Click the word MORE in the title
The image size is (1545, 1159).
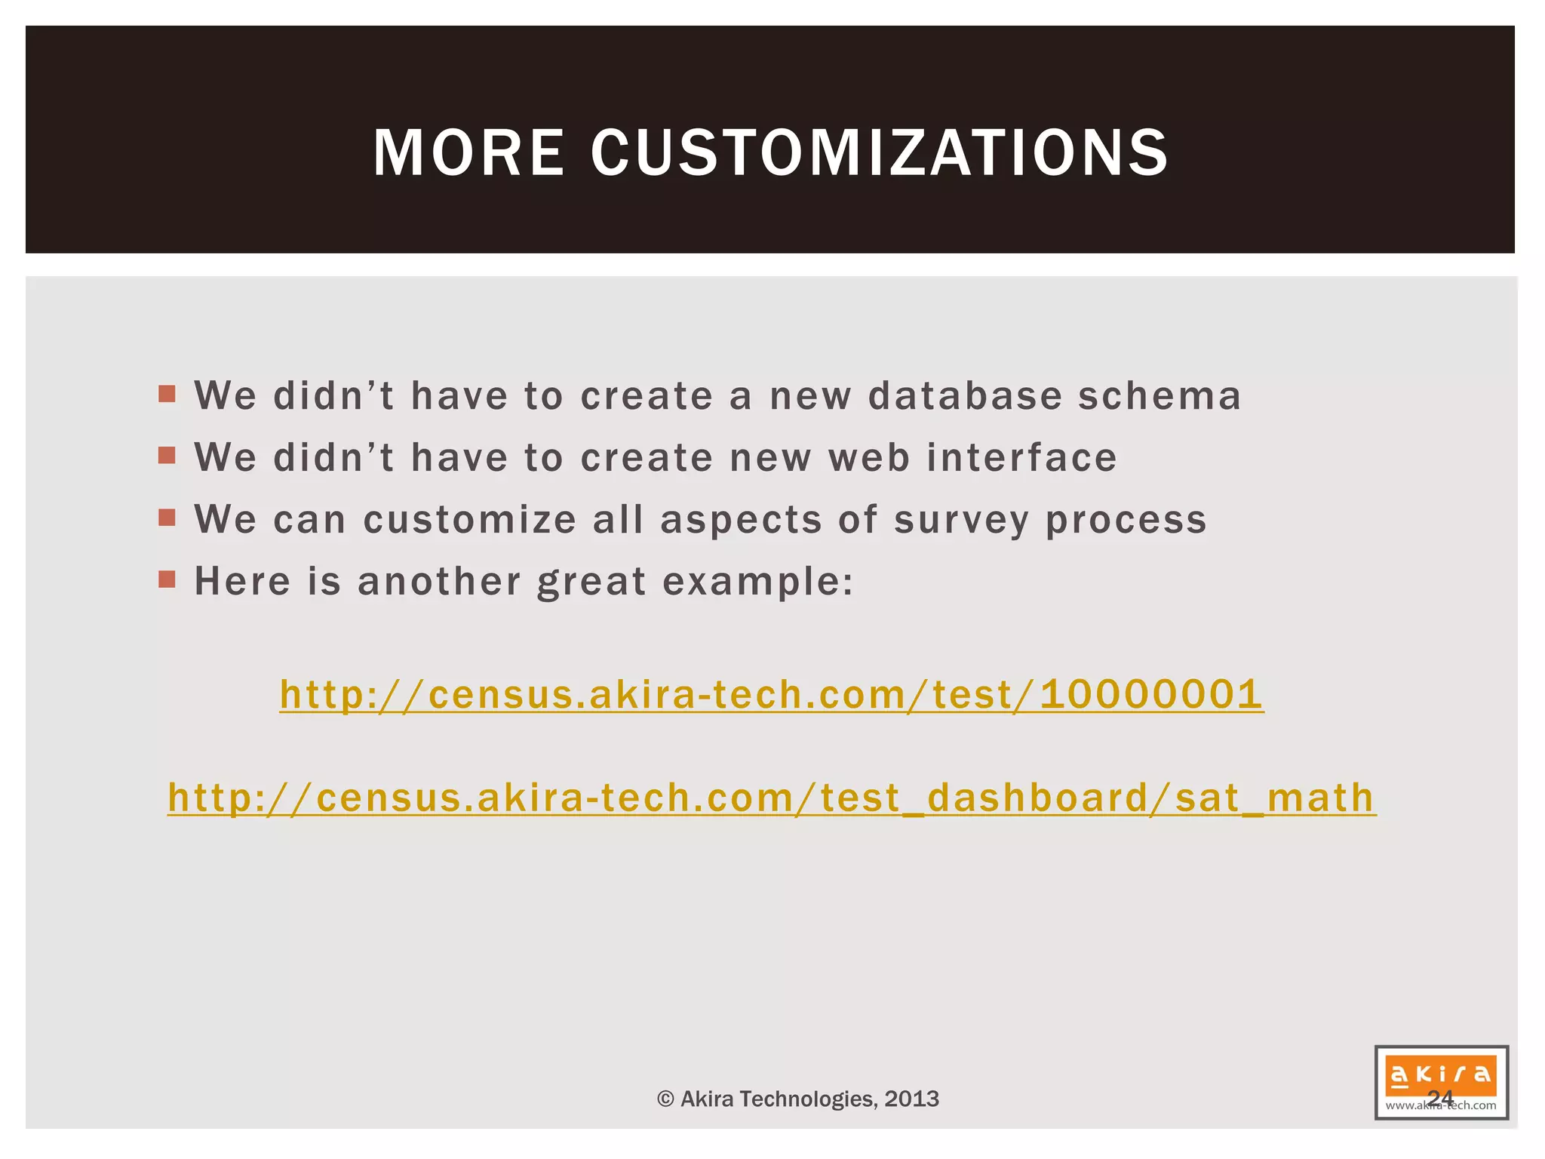[x=468, y=153]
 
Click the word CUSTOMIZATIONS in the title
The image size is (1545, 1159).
[x=880, y=153]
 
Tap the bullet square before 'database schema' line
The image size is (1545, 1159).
[x=167, y=393]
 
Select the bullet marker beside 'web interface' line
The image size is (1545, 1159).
[x=167, y=455]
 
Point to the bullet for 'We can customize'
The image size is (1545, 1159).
[x=167, y=517]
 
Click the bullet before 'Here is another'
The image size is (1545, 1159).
[x=167, y=579]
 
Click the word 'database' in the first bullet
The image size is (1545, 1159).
[x=966, y=395]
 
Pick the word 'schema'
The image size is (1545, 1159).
[x=1160, y=395]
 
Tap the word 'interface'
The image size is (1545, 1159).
[x=1021, y=457]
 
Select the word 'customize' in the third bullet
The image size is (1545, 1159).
[x=470, y=519]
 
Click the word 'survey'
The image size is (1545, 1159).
[x=962, y=521]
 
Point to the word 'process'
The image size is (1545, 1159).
[x=1126, y=521]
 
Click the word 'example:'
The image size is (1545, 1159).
[x=758, y=583]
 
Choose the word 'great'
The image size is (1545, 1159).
[x=591, y=583]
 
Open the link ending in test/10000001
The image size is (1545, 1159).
[x=771, y=694]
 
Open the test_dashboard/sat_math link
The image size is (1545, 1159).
[x=772, y=798]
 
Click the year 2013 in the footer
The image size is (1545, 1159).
[x=912, y=1099]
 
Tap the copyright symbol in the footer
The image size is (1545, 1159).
[x=665, y=1099]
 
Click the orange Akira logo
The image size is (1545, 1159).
[x=1441, y=1074]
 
